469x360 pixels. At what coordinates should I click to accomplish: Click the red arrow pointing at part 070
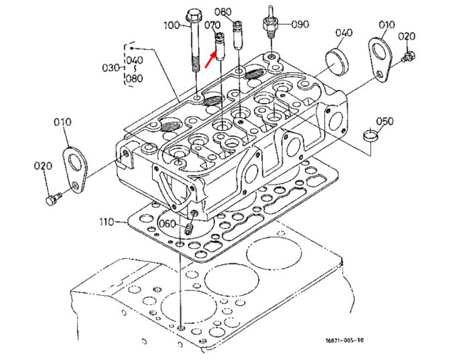(210, 59)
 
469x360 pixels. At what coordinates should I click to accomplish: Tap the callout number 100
(172, 25)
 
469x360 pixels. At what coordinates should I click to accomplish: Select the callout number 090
(300, 24)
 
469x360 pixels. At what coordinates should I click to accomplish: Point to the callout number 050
(385, 121)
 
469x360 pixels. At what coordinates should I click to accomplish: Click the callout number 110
(107, 222)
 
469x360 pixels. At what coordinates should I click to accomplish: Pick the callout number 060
(167, 223)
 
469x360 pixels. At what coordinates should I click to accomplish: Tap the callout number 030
(111, 68)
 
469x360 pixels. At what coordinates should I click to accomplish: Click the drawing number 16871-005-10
(344, 341)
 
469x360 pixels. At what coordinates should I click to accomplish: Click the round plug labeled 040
(336, 63)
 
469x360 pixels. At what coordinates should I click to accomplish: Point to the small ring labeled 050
(371, 135)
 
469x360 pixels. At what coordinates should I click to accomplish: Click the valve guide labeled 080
(238, 35)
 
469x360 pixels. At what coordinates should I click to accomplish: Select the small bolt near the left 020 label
(54, 198)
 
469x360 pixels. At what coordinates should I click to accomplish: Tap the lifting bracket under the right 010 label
(380, 58)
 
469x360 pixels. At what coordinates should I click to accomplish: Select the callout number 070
(212, 25)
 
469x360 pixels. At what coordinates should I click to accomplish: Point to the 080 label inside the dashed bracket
(134, 78)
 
